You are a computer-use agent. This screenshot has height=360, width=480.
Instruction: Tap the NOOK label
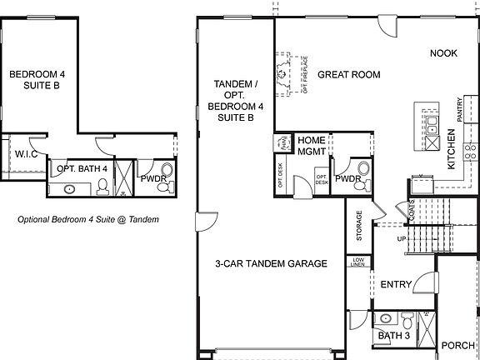[443, 53]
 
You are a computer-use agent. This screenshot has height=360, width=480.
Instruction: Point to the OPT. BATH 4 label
[82, 169]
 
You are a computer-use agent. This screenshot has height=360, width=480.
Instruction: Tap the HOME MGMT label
[312, 146]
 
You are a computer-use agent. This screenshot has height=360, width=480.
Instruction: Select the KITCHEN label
[451, 150]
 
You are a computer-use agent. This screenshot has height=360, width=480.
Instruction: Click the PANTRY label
[458, 112]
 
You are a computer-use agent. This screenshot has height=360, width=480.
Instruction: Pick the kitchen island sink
[432, 125]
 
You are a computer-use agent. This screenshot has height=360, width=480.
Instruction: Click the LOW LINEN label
[358, 262]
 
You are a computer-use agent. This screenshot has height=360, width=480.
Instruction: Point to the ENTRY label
[396, 285]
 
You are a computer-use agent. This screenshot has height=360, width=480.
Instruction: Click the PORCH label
[457, 345]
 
